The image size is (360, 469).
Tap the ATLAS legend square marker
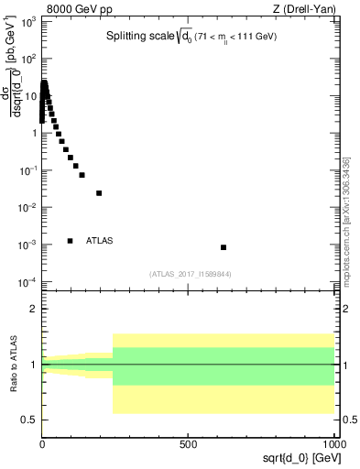pyautogui.click(x=70, y=241)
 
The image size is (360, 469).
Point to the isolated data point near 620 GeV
pyautogui.click(x=224, y=247)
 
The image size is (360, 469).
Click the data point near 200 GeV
pyautogui.click(x=99, y=193)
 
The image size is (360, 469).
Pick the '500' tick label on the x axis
pyautogui.click(x=187, y=442)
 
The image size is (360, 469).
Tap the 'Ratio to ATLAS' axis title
pyautogui.click(x=13, y=364)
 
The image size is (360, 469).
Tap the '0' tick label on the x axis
pyautogui.click(x=42, y=442)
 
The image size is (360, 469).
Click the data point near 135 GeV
pyautogui.click(x=82, y=175)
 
